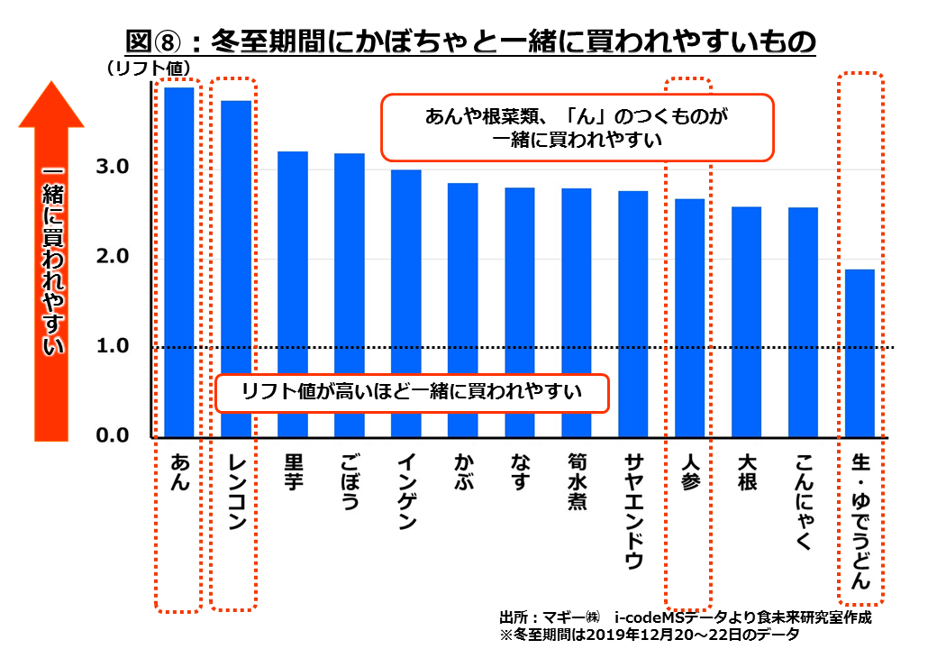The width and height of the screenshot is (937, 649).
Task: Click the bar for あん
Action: [179, 261]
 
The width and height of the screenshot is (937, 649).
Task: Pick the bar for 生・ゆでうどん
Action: [860, 352]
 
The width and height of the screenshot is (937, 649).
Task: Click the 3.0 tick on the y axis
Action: [114, 169]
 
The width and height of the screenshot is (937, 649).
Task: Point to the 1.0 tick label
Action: [114, 347]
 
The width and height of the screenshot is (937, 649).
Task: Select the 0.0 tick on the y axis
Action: [114, 436]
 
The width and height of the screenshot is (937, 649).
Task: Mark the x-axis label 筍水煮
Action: [577, 481]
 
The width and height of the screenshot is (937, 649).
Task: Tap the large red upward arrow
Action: [52, 261]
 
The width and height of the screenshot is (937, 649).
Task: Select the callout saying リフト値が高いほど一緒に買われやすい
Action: [412, 392]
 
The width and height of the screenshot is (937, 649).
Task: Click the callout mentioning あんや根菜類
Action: [577, 127]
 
